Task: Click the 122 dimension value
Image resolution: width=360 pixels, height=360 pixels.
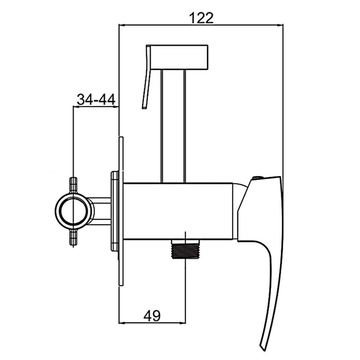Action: (x=201, y=18)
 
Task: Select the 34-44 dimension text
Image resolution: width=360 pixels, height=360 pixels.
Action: (x=96, y=100)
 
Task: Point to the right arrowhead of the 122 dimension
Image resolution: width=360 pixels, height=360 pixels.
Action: (x=280, y=25)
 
